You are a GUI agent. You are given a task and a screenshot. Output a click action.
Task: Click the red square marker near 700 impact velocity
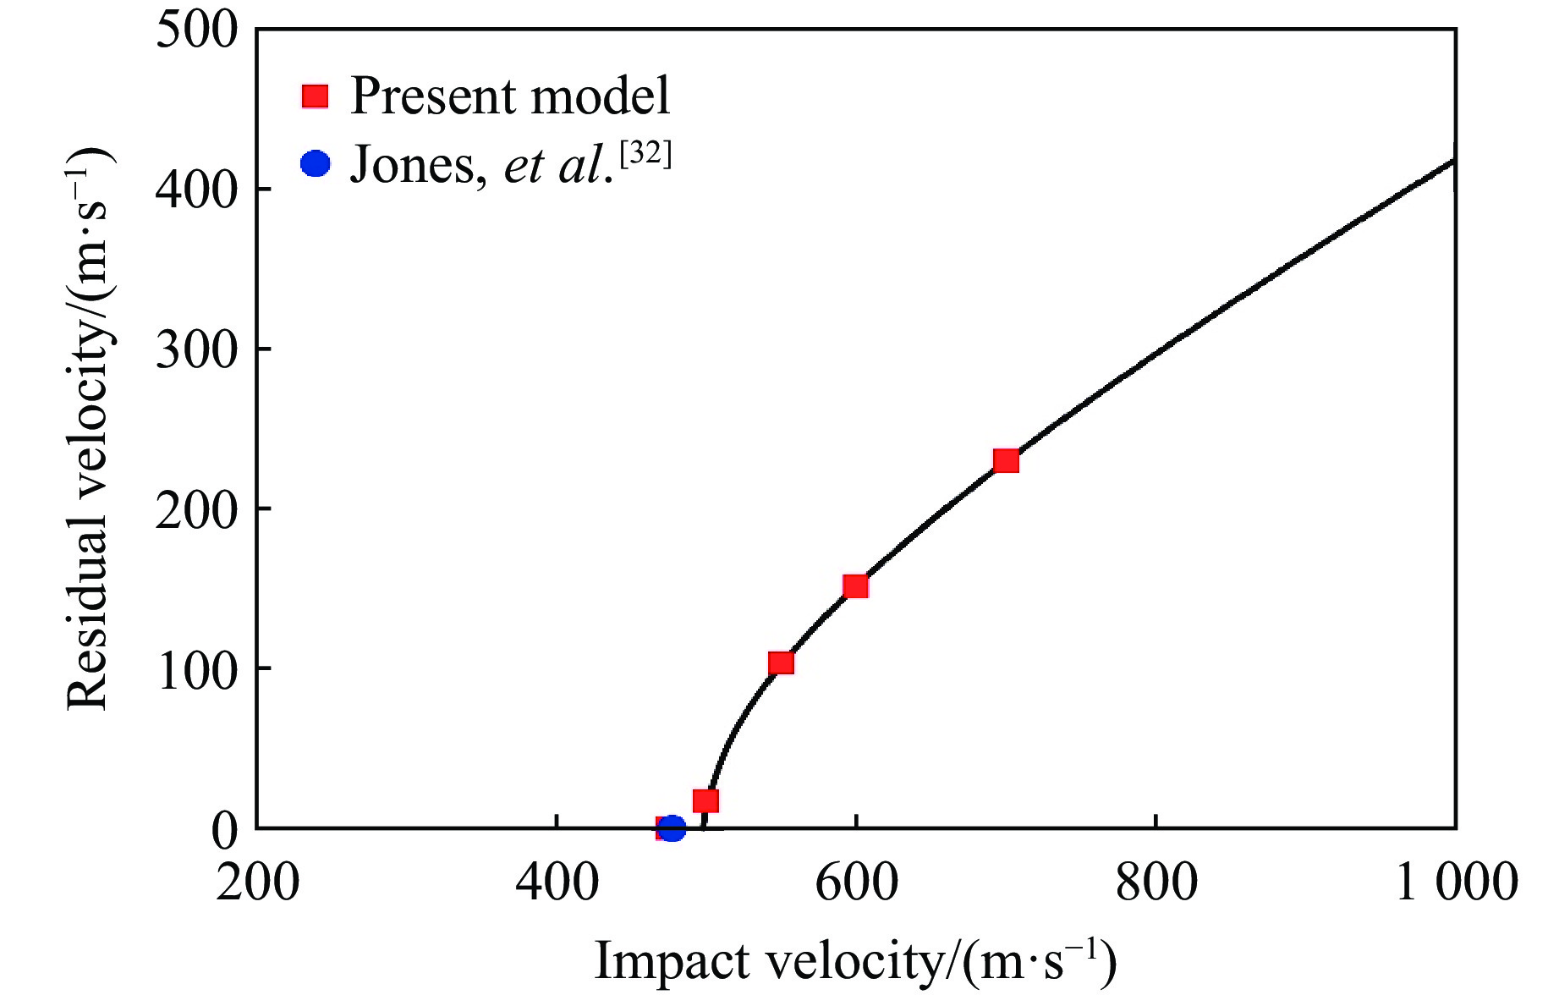1006,461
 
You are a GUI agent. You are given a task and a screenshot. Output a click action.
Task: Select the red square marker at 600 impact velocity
856,586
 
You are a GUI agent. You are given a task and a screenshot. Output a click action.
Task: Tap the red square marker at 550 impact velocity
782,662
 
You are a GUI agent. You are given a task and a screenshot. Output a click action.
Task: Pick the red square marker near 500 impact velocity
705,800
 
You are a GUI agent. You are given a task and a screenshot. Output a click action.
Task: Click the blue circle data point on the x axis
672,828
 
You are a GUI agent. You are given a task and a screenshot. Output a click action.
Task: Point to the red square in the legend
315,96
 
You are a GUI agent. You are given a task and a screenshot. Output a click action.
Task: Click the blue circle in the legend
315,163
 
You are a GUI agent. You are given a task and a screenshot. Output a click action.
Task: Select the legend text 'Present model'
510,96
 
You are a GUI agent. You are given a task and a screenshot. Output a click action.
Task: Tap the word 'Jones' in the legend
413,165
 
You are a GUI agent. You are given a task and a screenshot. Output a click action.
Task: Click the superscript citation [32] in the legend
645,154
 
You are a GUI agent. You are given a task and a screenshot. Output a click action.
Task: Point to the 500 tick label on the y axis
197,30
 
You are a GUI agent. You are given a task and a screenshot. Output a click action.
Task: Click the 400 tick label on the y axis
197,190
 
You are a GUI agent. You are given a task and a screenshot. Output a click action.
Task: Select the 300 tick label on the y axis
197,349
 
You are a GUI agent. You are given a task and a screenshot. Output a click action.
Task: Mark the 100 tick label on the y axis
197,669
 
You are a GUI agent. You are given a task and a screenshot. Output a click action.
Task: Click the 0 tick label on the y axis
225,829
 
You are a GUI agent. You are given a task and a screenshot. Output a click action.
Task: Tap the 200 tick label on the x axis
257,882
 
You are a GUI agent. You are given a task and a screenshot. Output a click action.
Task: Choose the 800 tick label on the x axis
1156,882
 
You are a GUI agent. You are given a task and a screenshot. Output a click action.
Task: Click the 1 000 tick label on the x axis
1455,882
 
